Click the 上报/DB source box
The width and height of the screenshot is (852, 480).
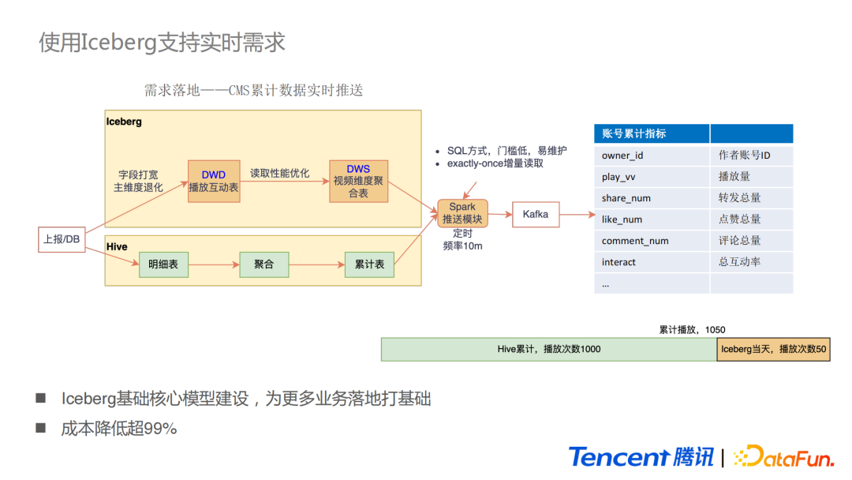[62, 238]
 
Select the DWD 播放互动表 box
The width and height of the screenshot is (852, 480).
[213, 181]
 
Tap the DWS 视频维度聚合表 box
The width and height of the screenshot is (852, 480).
[358, 181]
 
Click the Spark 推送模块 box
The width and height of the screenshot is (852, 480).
[462, 213]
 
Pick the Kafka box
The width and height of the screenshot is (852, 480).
[536, 214]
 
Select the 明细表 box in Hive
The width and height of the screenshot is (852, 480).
[163, 264]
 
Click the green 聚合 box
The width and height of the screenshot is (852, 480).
[264, 264]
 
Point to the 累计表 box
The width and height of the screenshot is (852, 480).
[369, 264]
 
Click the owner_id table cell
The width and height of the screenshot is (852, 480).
[652, 156]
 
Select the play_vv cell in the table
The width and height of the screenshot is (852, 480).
[652, 177]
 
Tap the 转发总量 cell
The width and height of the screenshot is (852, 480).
[751, 198]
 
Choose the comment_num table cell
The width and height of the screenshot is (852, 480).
[652, 241]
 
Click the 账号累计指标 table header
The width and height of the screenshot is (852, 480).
[652, 133]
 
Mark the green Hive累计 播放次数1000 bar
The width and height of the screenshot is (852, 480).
[548, 349]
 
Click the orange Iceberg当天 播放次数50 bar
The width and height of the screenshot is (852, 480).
[773, 349]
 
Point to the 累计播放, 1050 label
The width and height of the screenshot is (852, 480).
[692, 329]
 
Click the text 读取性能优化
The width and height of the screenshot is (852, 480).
[280, 173]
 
